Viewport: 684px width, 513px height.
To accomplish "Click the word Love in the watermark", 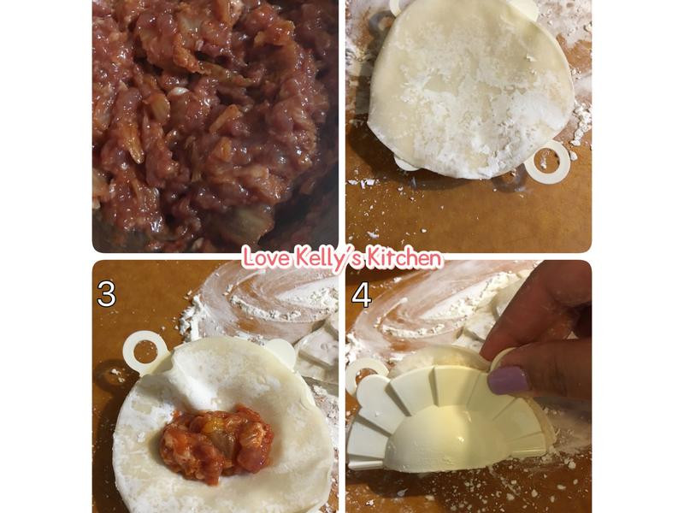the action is click(x=265, y=256).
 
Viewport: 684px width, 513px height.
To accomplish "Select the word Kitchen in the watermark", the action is click(x=403, y=257).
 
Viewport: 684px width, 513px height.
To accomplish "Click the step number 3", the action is click(x=106, y=295).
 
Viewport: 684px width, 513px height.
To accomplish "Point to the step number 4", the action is click(x=361, y=295).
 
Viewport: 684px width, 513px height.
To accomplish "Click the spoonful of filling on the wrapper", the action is click(x=216, y=443).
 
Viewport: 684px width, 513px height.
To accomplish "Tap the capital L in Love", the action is click(x=250, y=256).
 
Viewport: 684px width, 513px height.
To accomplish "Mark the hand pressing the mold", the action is click(x=540, y=332).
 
